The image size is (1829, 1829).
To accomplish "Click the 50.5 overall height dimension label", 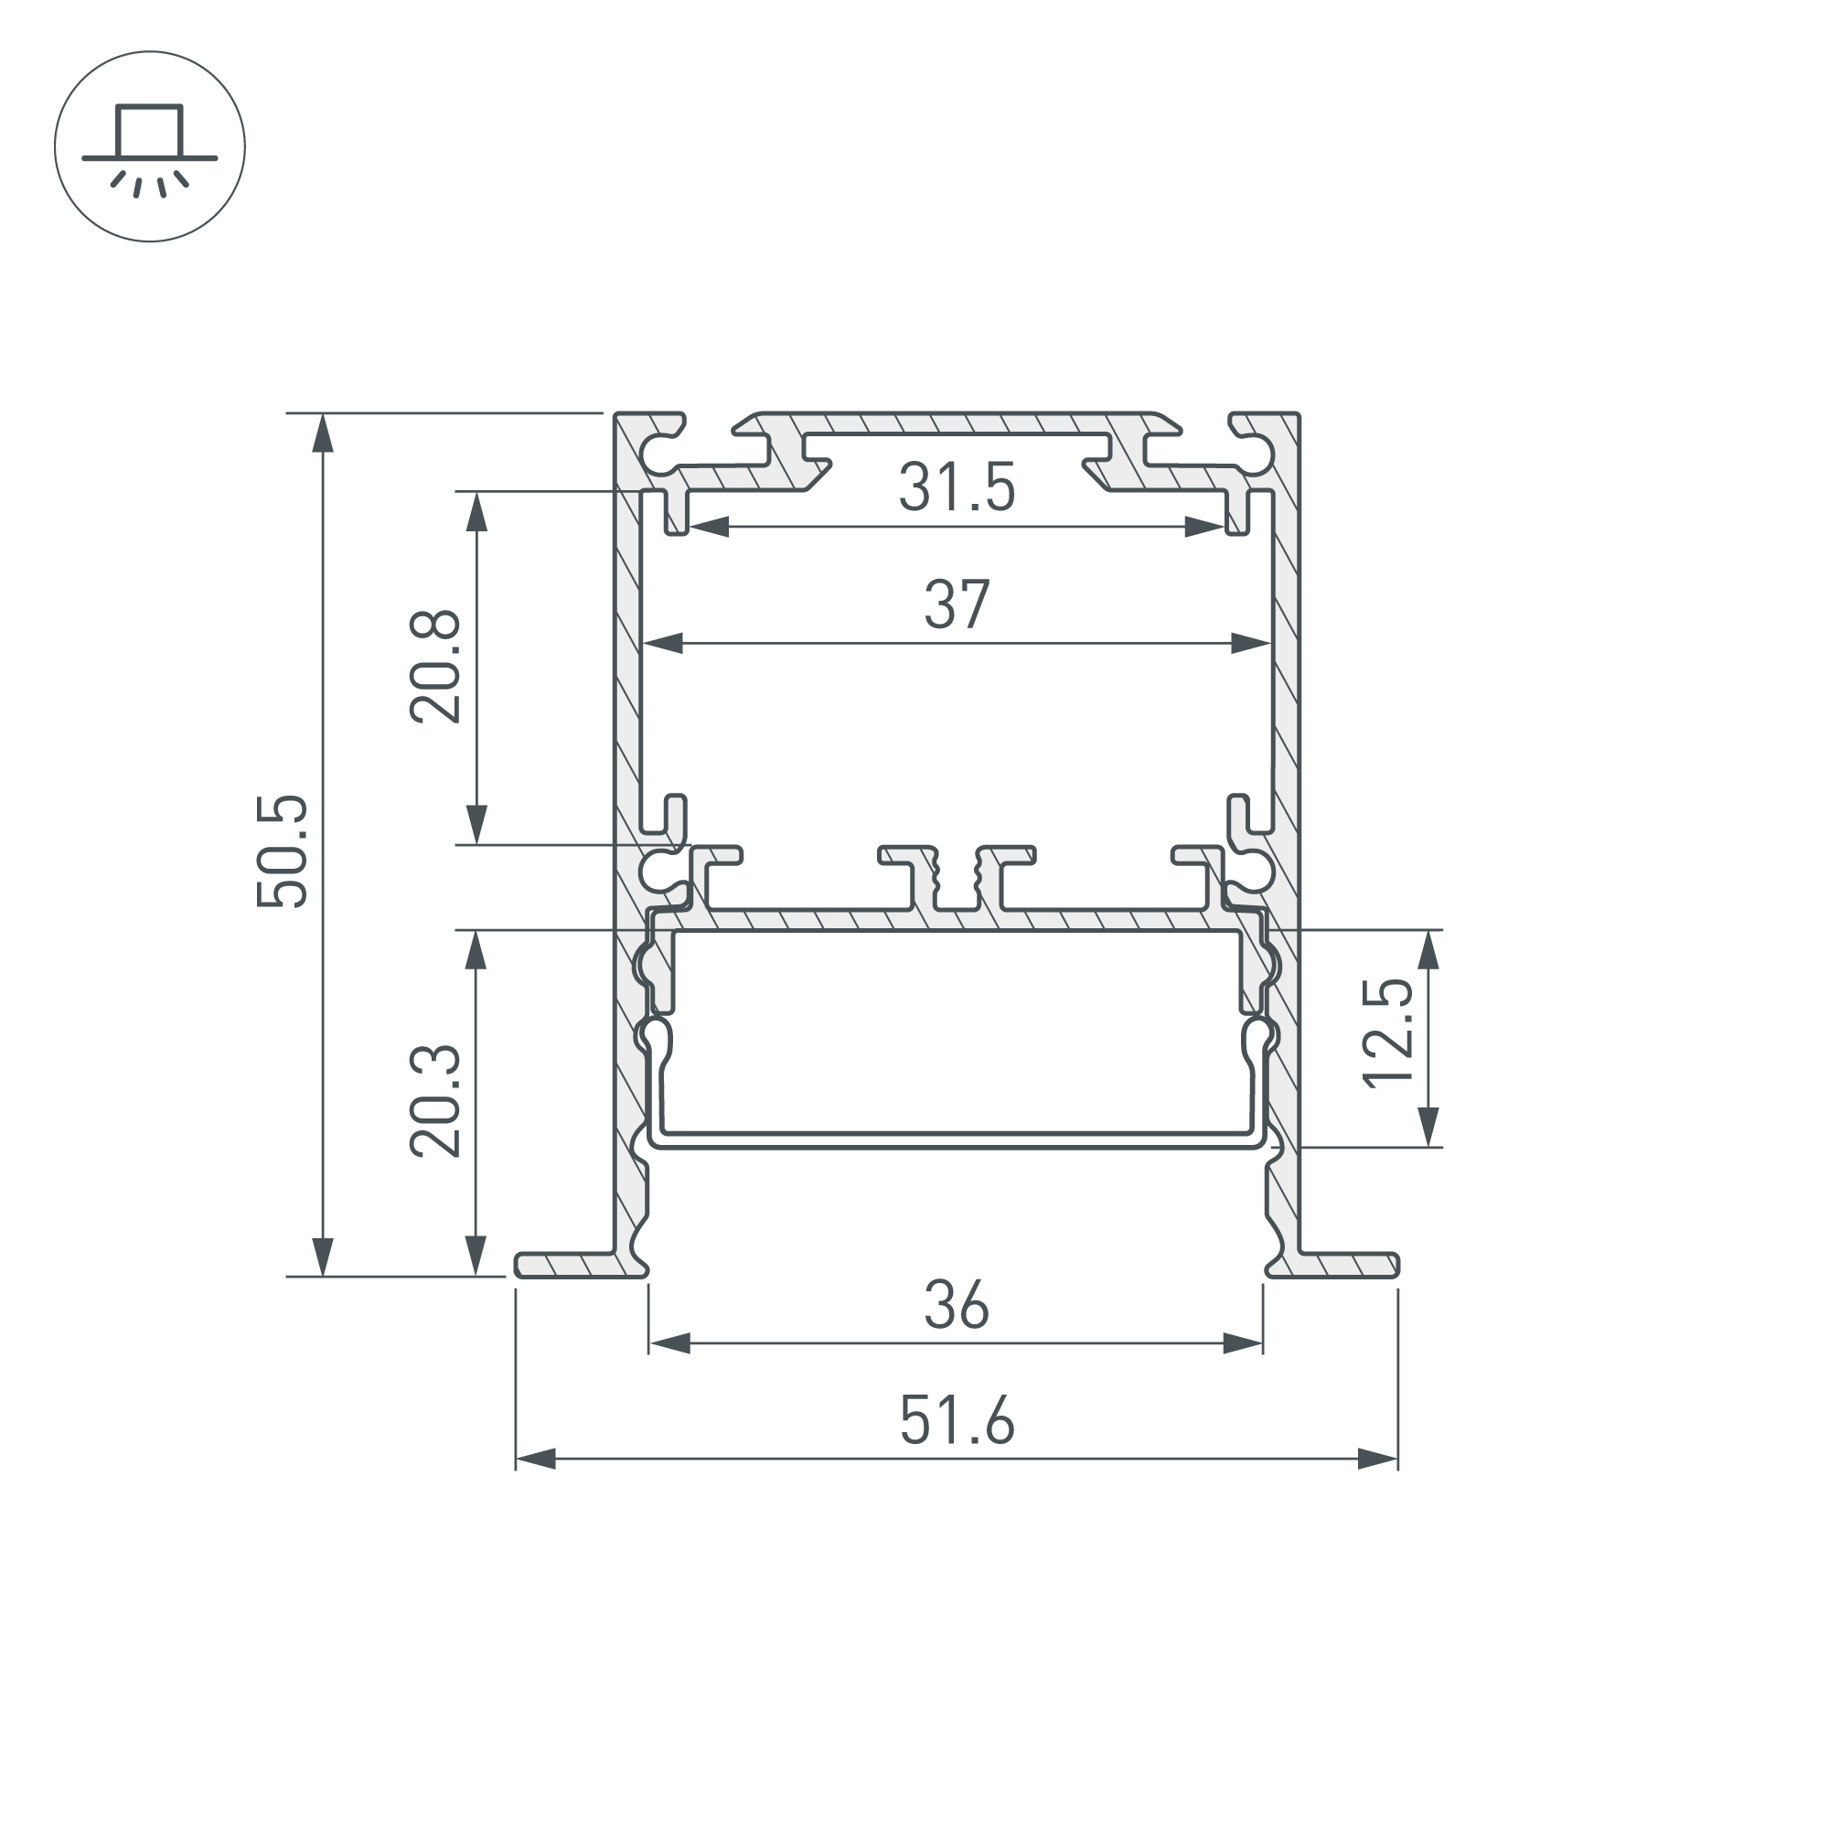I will pos(282,852).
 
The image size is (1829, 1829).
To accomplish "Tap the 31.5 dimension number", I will pos(957,487).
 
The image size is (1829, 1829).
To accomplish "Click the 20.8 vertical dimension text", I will pos(434,668).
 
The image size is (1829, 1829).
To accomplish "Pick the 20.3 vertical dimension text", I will pos(434,1102).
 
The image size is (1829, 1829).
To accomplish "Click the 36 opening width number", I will pos(957,1306).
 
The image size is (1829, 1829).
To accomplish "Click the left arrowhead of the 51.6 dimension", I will pos(536,1459).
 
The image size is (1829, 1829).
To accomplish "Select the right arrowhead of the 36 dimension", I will pos(1243,1343).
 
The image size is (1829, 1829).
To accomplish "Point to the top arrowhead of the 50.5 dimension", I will pos(324,433).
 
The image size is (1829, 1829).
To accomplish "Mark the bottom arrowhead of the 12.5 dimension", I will pos(1429,1127).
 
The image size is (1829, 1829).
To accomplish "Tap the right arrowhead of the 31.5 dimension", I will pos(1204,528).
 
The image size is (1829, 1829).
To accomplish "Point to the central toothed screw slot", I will pos(957,876).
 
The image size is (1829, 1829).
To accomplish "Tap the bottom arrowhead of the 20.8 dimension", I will pos(476,824).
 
